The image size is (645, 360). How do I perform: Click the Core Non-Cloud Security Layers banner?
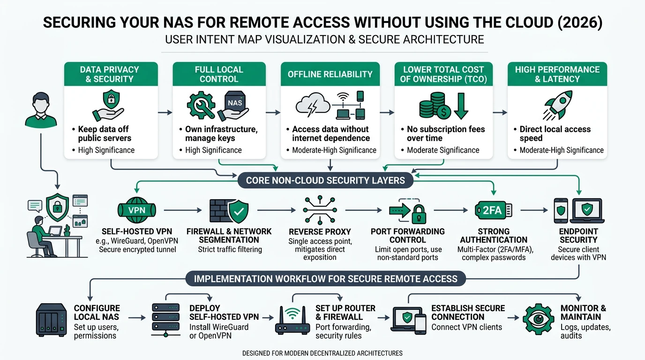(x=325, y=180)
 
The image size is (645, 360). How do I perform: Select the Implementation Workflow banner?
(x=325, y=279)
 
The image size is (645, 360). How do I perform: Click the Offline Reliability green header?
(x=330, y=74)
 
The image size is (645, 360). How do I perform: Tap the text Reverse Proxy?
(x=320, y=232)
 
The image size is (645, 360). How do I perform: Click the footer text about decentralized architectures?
(x=322, y=353)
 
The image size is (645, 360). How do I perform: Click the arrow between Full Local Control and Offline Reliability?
(x=273, y=112)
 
